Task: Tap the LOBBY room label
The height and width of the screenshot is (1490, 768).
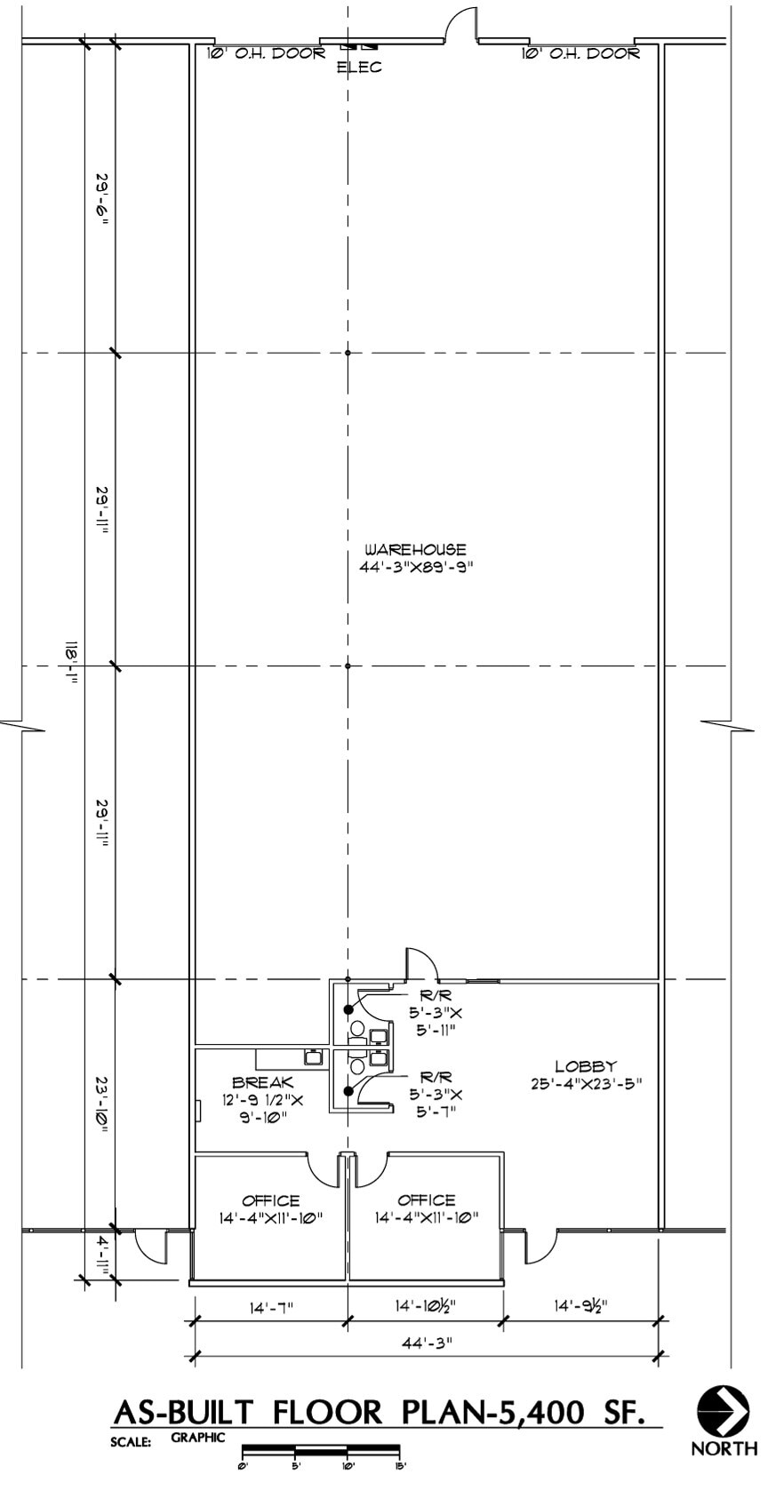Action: [x=586, y=1066]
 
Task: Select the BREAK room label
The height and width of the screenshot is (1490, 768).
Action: [x=262, y=1082]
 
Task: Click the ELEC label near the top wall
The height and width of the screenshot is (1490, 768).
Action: [x=359, y=68]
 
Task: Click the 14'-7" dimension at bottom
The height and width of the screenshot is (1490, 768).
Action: [x=271, y=1307]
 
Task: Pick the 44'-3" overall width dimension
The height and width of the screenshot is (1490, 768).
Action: [x=426, y=1343]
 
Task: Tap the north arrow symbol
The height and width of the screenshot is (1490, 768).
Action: [x=723, y=1411]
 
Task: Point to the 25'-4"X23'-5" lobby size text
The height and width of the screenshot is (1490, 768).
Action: [x=585, y=1083]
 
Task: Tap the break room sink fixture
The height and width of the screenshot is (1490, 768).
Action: [x=312, y=1057]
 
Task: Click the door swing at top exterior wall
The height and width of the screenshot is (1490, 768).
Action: [x=462, y=23]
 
